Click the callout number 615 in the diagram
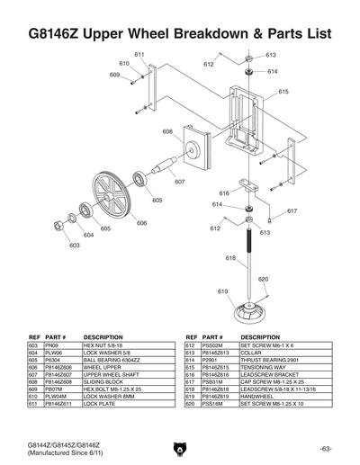pos(283,92)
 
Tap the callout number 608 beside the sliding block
pos(167,131)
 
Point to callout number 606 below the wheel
pos(142,222)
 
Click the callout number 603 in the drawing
pos(74,244)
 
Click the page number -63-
pos(325,447)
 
